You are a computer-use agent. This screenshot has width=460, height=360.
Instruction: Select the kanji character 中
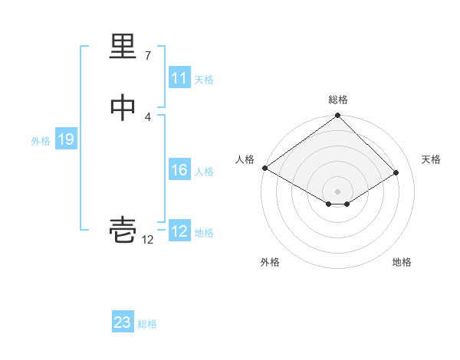click(x=123, y=109)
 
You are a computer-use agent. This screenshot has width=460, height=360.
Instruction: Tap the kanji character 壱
click(x=123, y=229)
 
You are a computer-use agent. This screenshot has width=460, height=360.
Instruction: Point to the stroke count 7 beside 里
click(x=147, y=55)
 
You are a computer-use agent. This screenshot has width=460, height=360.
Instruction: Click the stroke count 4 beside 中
click(x=147, y=116)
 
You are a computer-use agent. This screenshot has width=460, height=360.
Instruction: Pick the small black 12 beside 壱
click(x=147, y=239)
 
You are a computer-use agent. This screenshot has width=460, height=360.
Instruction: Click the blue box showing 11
click(x=179, y=78)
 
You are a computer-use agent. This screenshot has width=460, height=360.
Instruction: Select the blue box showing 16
click(x=179, y=170)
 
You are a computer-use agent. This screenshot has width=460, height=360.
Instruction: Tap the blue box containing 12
click(x=179, y=231)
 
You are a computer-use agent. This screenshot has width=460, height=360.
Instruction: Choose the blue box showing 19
click(x=65, y=139)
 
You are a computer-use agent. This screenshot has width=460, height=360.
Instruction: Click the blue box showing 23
click(x=123, y=322)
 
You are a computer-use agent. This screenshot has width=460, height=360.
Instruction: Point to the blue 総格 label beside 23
click(x=147, y=324)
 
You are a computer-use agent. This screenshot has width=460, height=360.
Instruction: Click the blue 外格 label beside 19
click(x=41, y=141)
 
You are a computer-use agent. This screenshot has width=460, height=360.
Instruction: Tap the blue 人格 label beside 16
click(x=204, y=172)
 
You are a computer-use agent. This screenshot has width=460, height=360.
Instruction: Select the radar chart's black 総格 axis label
click(x=338, y=100)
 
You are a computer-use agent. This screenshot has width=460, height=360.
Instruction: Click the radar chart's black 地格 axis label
click(x=402, y=262)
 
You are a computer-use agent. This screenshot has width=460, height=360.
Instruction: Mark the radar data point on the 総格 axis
click(x=338, y=116)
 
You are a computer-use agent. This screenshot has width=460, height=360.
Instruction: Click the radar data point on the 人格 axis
click(x=264, y=168)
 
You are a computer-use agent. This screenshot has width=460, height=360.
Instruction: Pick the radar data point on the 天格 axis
click(x=396, y=172)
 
